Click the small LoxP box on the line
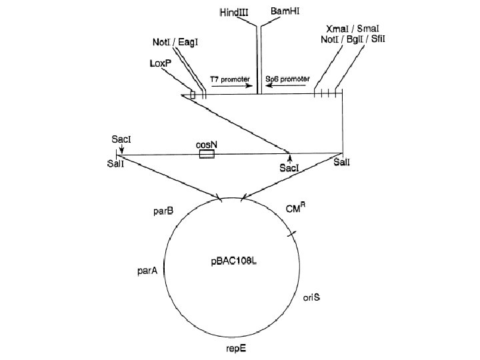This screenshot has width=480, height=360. click(193, 95)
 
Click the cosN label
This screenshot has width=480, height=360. click(207, 143)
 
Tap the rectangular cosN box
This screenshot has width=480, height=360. click(207, 155)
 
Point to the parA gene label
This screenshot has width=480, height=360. click(147, 271)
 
